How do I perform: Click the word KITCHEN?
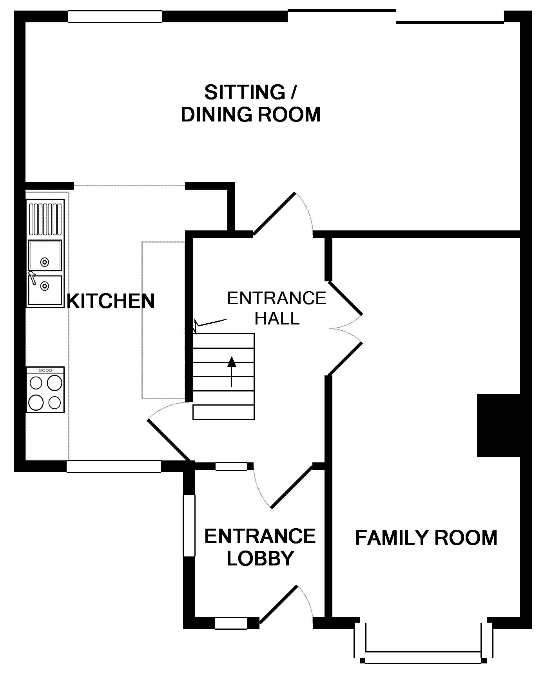[x=111, y=301]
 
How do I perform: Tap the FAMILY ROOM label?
[x=426, y=538]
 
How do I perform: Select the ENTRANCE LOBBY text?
[x=260, y=547]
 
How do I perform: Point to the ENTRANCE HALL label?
[x=277, y=308]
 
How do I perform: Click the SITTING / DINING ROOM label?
[x=251, y=103]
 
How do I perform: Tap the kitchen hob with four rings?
[x=45, y=390]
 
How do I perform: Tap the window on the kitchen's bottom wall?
[x=114, y=466]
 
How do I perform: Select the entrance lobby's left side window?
[x=189, y=525]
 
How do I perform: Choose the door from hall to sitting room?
[x=274, y=214]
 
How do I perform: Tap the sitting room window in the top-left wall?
[x=115, y=16]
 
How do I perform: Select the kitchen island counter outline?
[x=163, y=320]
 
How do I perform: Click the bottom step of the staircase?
[x=223, y=413]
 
